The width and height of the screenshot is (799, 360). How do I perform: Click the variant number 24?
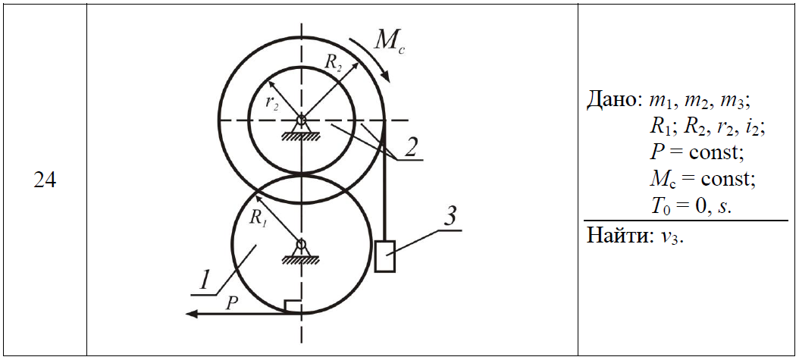click(45, 181)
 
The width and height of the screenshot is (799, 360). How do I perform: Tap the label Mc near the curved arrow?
click(389, 39)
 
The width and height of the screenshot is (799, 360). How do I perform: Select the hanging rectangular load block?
click(385, 255)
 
